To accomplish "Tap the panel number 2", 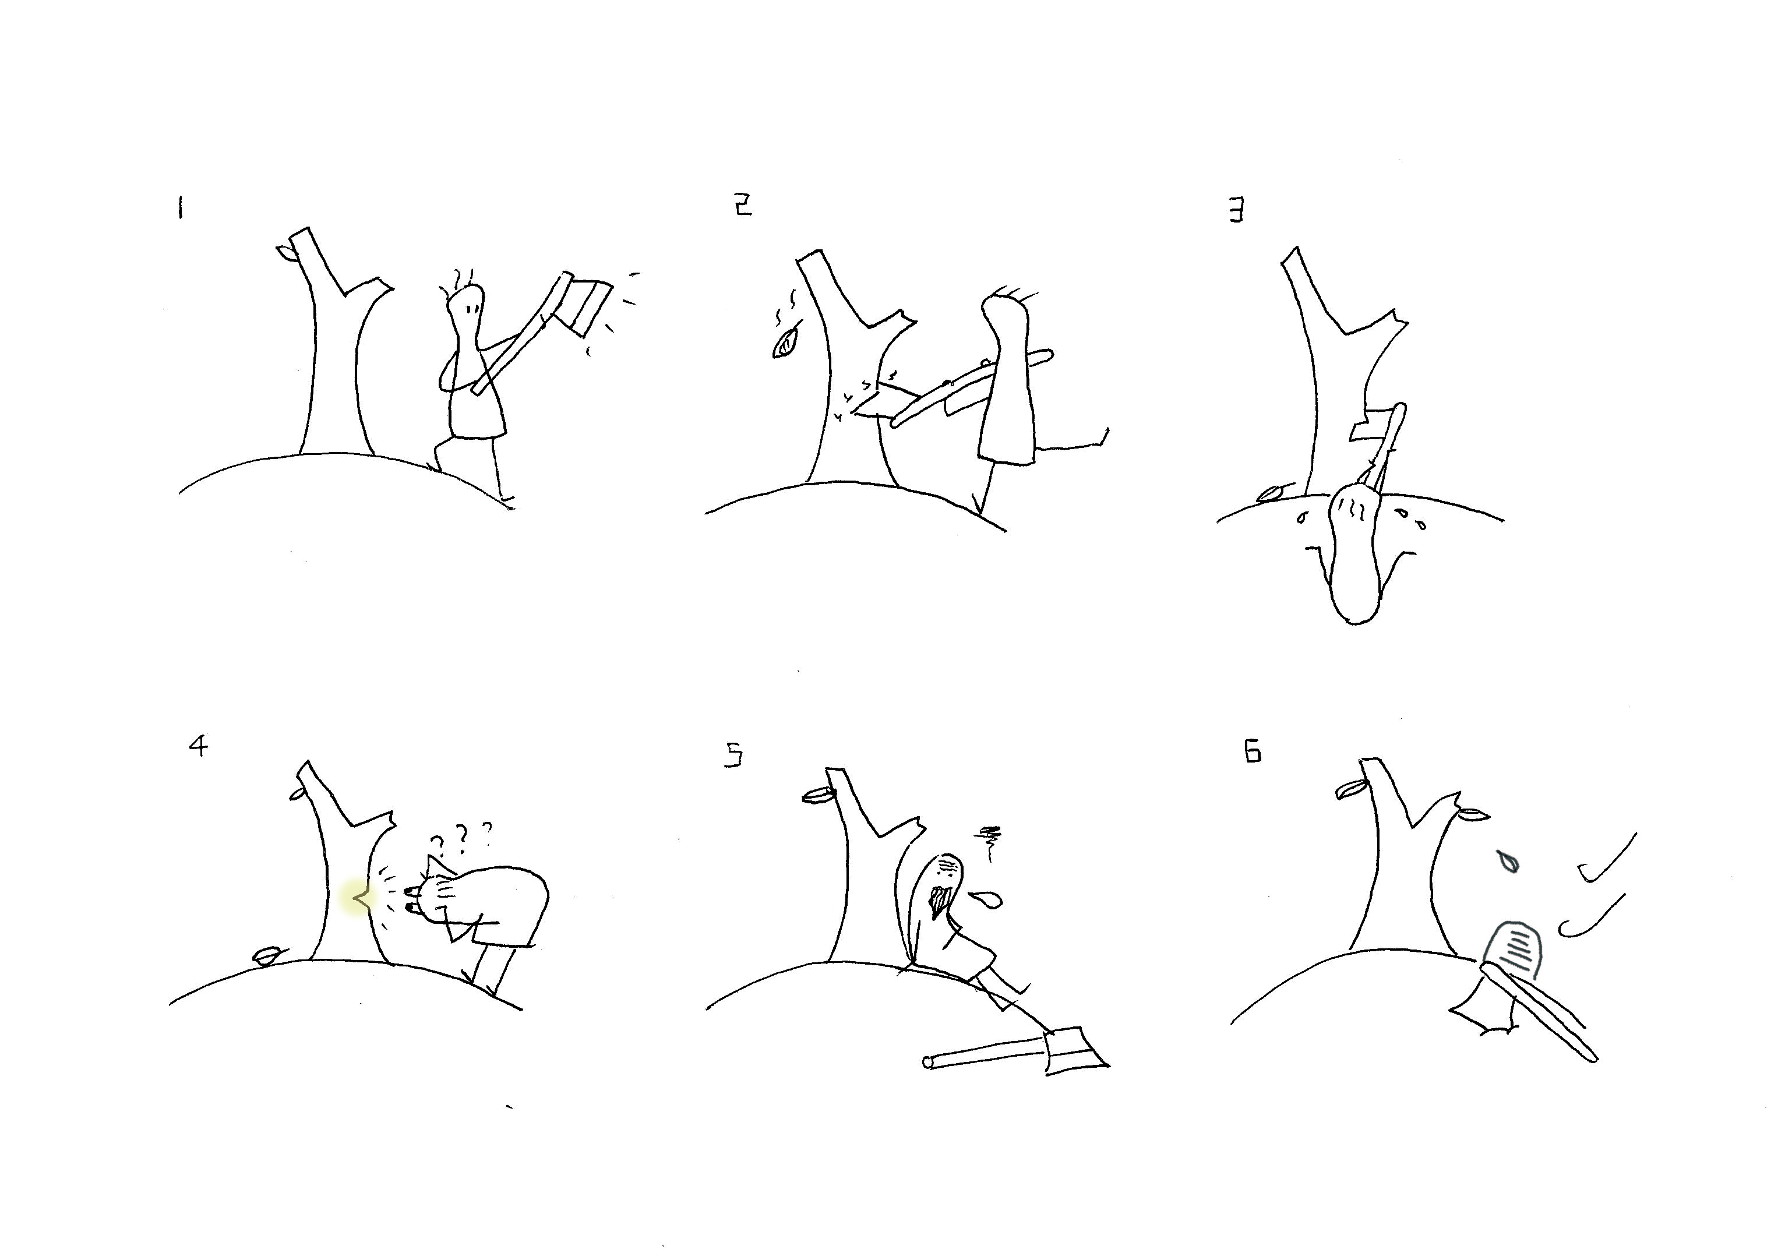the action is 743,206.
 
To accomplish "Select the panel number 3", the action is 1237,210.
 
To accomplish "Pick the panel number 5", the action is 733,755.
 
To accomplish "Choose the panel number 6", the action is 1253,752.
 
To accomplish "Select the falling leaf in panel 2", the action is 786,344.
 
